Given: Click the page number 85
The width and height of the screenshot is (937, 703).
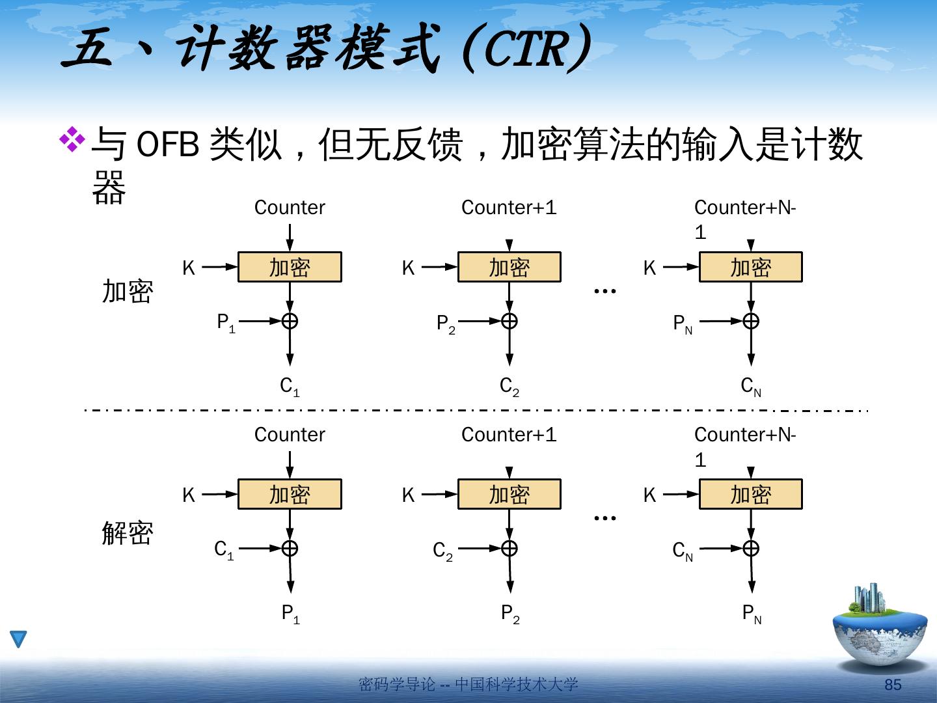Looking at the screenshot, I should [x=893, y=685].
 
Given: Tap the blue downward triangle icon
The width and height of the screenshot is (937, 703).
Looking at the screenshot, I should [x=18, y=639].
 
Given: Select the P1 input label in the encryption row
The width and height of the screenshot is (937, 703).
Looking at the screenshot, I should [x=225, y=323].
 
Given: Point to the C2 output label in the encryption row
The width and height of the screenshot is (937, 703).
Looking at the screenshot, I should [x=509, y=387].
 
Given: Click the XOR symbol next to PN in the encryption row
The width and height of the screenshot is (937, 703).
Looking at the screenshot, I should [x=751, y=321].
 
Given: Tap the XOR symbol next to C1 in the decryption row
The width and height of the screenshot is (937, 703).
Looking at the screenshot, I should [x=290, y=548].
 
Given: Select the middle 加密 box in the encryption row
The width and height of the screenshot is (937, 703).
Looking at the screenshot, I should [x=509, y=268].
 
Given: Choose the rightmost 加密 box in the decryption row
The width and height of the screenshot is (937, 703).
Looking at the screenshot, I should [x=750, y=495].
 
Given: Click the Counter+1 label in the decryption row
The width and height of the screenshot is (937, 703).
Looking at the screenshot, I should [x=509, y=435].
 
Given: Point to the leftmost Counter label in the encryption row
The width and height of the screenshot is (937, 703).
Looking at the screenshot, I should [x=290, y=208].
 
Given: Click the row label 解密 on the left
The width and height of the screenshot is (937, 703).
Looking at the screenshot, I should [x=128, y=534].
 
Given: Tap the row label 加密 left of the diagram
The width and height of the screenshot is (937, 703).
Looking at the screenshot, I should [x=128, y=292].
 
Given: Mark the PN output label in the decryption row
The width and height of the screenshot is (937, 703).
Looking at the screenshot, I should [x=752, y=614].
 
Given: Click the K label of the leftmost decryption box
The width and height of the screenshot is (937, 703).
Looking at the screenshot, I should [x=189, y=495].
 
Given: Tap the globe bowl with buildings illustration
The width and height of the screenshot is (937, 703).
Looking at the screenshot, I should [x=880, y=628].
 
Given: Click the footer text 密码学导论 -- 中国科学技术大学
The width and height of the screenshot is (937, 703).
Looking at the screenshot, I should [x=468, y=685].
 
